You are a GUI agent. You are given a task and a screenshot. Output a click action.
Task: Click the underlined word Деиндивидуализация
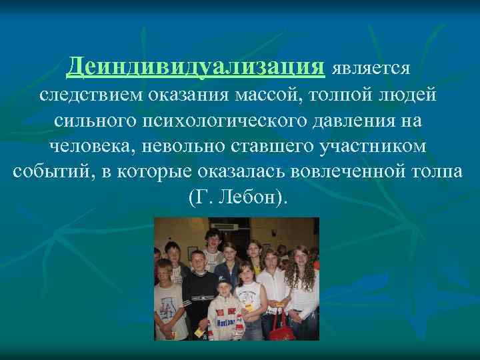tap(196, 66)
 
